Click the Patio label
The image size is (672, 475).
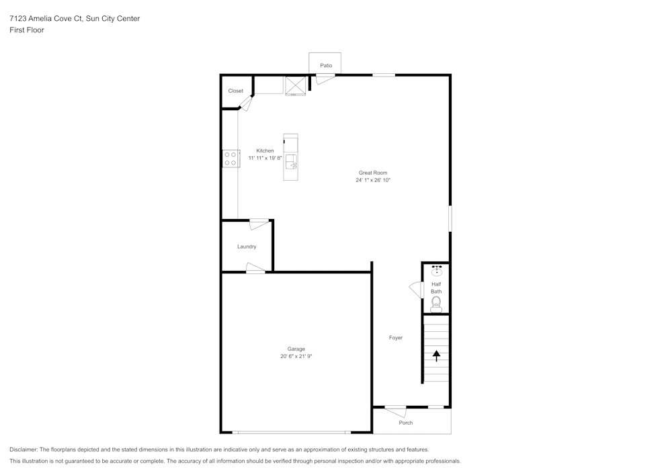pyautogui.click(x=326, y=66)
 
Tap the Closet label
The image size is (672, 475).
pyautogui.click(x=235, y=91)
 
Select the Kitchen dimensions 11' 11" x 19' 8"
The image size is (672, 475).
pyautogui.click(x=265, y=158)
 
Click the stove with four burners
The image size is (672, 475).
pyautogui.click(x=230, y=159)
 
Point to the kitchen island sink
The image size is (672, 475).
pyautogui.click(x=292, y=162)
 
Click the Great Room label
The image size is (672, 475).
pyautogui.click(x=373, y=173)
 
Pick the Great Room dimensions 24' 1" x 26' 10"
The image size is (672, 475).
pyautogui.click(x=373, y=180)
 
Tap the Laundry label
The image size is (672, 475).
pyautogui.click(x=247, y=247)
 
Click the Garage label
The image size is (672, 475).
pyautogui.click(x=296, y=349)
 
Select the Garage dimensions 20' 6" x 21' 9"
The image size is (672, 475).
pyautogui.click(x=296, y=356)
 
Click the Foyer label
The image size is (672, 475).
pyautogui.click(x=396, y=338)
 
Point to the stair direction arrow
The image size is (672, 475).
pyautogui.click(x=436, y=356)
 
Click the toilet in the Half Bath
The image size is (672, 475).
pyautogui.click(x=436, y=304)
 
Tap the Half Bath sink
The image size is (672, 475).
pyautogui.click(x=437, y=271)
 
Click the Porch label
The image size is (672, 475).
pyautogui.click(x=405, y=423)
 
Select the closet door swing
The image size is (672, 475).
pyautogui.click(x=245, y=103)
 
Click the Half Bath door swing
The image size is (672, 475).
pyautogui.click(x=416, y=290)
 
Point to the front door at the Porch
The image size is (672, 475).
pyautogui.click(x=396, y=411)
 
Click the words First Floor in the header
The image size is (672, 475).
pyautogui.click(x=27, y=30)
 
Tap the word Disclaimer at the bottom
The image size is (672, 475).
pyautogui.click(x=23, y=449)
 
